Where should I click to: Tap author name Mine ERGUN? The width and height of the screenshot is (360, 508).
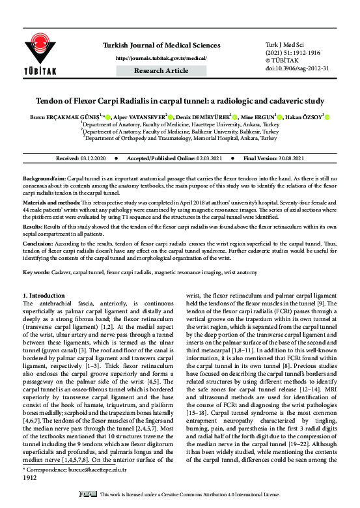coord(260,117)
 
